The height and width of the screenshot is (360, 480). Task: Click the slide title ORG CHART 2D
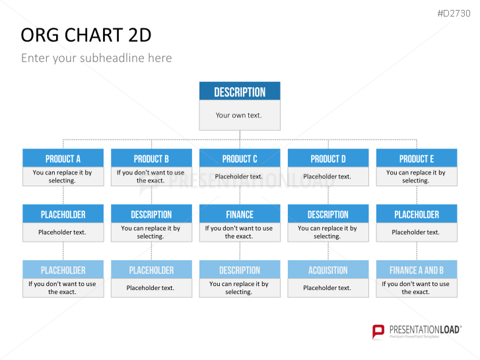[x=86, y=35]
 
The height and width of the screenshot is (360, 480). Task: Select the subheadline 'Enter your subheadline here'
[x=96, y=58]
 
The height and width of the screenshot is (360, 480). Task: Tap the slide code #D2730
[x=454, y=13]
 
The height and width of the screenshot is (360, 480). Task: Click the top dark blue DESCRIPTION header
[x=240, y=91]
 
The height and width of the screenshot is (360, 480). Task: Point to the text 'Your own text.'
[x=238, y=115]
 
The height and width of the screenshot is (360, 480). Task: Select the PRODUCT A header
[x=63, y=158]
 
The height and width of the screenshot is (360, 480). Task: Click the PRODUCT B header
[x=152, y=158]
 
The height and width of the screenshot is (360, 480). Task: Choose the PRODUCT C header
[x=240, y=158]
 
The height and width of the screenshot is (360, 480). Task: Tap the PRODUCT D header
[x=328, y=158]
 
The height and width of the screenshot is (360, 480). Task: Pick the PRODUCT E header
[x=417, y=158]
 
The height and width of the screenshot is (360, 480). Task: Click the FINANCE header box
[x=240, y=214]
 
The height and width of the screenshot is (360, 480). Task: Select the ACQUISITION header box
[x=328, y=270]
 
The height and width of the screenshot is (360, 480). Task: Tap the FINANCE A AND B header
[x=417, y=270]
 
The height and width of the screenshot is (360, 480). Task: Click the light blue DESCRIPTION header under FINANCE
[x=240, y=270]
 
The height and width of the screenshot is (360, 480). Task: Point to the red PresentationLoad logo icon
[x=378, y=332]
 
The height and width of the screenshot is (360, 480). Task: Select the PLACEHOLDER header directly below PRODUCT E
[x=417, y=214]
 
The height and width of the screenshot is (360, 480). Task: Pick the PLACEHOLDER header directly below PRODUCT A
[x=63, y=214]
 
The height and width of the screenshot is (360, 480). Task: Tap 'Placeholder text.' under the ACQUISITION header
[x=327, y=288]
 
